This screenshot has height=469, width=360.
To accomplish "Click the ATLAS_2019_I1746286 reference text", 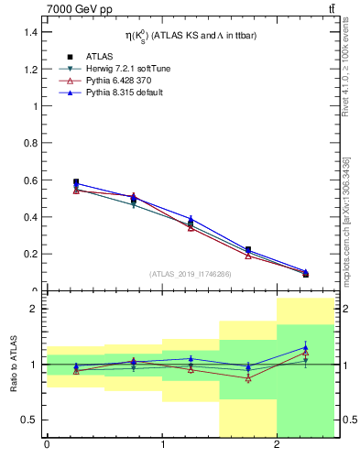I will (x=191, y=273).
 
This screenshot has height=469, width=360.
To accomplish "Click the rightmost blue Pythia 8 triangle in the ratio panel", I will (x=306, y=347).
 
